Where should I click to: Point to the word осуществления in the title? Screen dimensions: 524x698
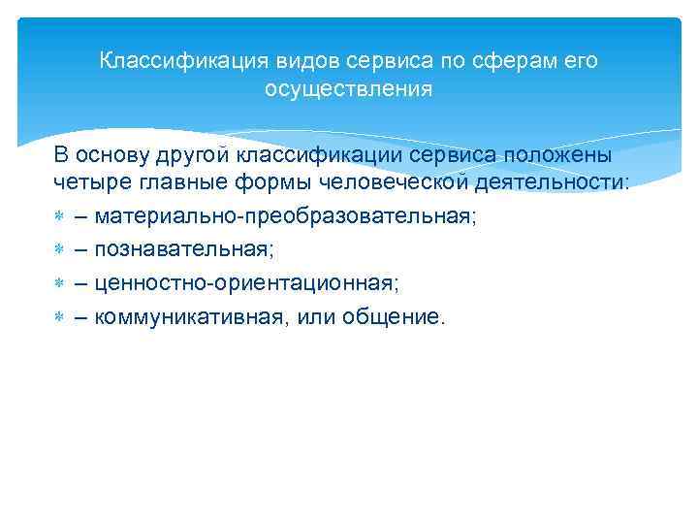click(x=348, y=89)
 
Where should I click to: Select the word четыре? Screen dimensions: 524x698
click(x=84, y=183)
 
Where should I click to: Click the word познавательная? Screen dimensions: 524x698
click(x=184, y=250)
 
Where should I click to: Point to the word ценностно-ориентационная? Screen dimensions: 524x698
click(x=246, y=283)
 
